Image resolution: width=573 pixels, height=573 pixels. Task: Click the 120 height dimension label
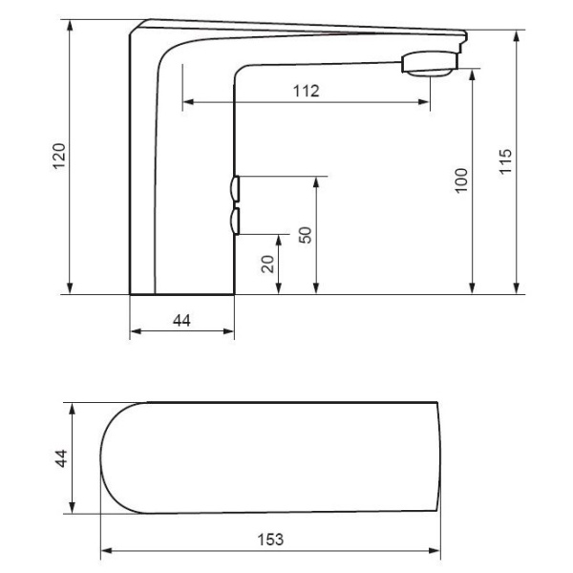click(x=59, y=156)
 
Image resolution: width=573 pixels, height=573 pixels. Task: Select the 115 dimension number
click(x=506, y=161)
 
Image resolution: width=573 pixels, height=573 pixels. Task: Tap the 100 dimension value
click(x=461, y=180)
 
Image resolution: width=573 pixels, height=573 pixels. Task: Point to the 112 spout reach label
click(x=307, y=91)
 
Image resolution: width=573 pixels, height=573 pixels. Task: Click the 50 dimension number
click(x=306, y=235)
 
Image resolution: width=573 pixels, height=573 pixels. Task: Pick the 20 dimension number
click(x=267, y=264)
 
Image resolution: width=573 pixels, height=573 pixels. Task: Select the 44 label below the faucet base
click(x=181, y=321)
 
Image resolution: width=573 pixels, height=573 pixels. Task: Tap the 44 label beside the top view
click(x=61, y=458)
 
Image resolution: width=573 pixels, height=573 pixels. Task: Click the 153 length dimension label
click(x=270, y=540)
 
